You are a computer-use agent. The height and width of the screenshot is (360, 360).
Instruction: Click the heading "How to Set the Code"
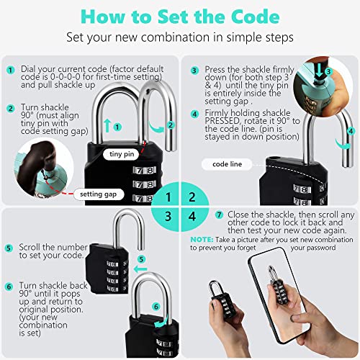point(179,14)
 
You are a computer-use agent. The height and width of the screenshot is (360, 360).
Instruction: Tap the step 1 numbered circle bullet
point(10,71)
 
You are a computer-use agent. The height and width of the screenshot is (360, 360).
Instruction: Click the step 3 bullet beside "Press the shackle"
point(194,71)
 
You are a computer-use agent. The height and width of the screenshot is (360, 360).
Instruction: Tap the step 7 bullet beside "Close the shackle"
point(220,215)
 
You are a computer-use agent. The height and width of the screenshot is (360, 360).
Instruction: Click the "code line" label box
point(227,164)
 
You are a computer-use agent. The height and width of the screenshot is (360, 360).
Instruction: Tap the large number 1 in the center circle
point(167,196)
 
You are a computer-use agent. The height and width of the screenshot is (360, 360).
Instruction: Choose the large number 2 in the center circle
point(191,196)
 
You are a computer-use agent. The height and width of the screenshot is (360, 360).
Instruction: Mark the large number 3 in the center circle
point(167,215)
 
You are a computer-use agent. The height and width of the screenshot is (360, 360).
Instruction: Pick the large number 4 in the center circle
point(191,215)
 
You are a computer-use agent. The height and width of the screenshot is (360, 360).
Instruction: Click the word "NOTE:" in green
point(202,238)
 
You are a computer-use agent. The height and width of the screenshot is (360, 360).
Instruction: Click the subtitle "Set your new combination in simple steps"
point(179,36)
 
